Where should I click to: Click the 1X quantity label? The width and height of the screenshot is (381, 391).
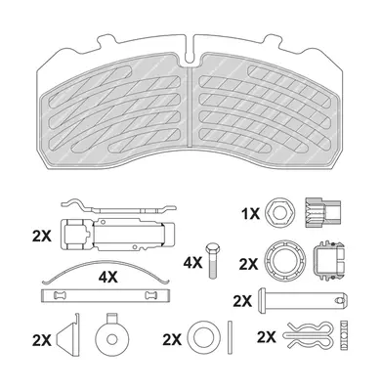(x=250, y=214)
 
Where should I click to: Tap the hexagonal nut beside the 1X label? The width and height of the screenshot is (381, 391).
(x=280, y=213)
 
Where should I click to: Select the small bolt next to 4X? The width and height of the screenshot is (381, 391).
(x=212, y=260)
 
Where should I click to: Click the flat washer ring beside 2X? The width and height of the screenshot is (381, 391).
(x=205, y=337)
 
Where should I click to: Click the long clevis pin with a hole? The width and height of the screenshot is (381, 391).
(x=304, y=300)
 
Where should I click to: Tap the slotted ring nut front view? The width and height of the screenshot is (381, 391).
(x=285, y=261)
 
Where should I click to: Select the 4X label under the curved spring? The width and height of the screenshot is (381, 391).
(x=108, y=278)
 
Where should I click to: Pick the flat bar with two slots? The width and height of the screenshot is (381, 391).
(x=106, y=295)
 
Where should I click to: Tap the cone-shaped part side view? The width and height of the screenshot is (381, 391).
(x=68, y=336)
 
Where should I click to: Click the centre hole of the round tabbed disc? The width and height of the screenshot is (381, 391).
(x=112, y=340)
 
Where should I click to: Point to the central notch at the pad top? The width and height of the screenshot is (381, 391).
(x=190, y=52)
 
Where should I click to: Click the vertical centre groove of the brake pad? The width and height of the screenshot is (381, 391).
(x=190, y=106)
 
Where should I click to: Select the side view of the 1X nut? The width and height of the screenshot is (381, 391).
(x=322, y=212)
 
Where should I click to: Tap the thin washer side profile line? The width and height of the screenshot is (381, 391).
(x=230, y=338)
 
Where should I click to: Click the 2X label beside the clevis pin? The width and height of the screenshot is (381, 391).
(x=242, y=302)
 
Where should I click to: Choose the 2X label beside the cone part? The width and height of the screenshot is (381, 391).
(x=42, y=341)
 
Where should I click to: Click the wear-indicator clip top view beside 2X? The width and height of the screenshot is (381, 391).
(x=117, y=235)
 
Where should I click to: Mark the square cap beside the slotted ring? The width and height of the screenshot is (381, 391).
(x=329, y=261)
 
